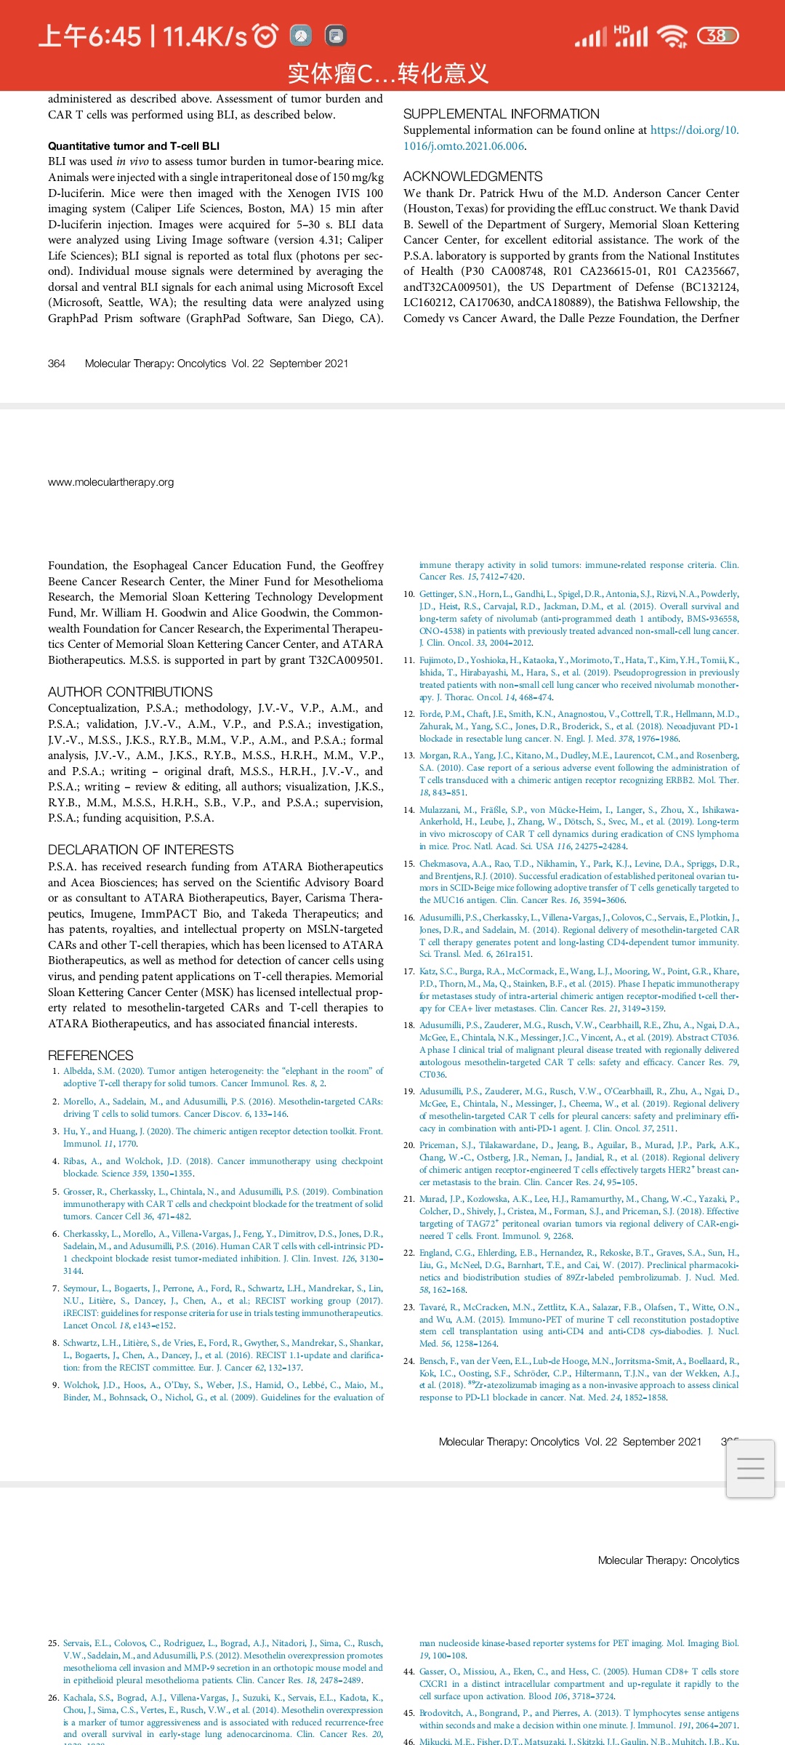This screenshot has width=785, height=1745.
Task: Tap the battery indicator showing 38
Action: [x=717, y=36]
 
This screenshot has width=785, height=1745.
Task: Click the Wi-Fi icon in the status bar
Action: [x=672, y=36]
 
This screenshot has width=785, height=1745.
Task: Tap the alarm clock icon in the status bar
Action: [x=265, y=36]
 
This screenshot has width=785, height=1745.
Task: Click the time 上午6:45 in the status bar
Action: [x=89, y=36]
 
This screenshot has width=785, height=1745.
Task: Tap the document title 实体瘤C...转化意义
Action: [x=388, y=73]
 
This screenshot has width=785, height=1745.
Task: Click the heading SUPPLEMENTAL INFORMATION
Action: [x=502, y=114]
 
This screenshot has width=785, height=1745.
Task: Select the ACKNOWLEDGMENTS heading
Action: [x=473, y=177]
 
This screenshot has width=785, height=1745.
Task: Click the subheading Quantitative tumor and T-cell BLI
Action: [x=134, y=146]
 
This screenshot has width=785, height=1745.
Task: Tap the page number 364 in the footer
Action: [x=57, y=364]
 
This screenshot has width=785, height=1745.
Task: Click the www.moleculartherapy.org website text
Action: [x=111, y=482]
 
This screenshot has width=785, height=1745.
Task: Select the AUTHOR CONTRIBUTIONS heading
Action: [x=131, y=692]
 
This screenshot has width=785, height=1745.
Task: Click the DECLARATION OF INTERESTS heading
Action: [x=141, y=850]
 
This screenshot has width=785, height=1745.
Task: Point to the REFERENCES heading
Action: [x=91, y=1056]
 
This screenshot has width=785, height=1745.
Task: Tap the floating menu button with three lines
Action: [x=750, y=1469]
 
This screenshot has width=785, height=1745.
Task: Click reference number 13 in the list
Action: [x=409, y=756]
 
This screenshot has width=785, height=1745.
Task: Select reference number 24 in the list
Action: [x=409, y=1361]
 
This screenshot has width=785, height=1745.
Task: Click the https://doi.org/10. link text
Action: [x=694, y=130]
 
